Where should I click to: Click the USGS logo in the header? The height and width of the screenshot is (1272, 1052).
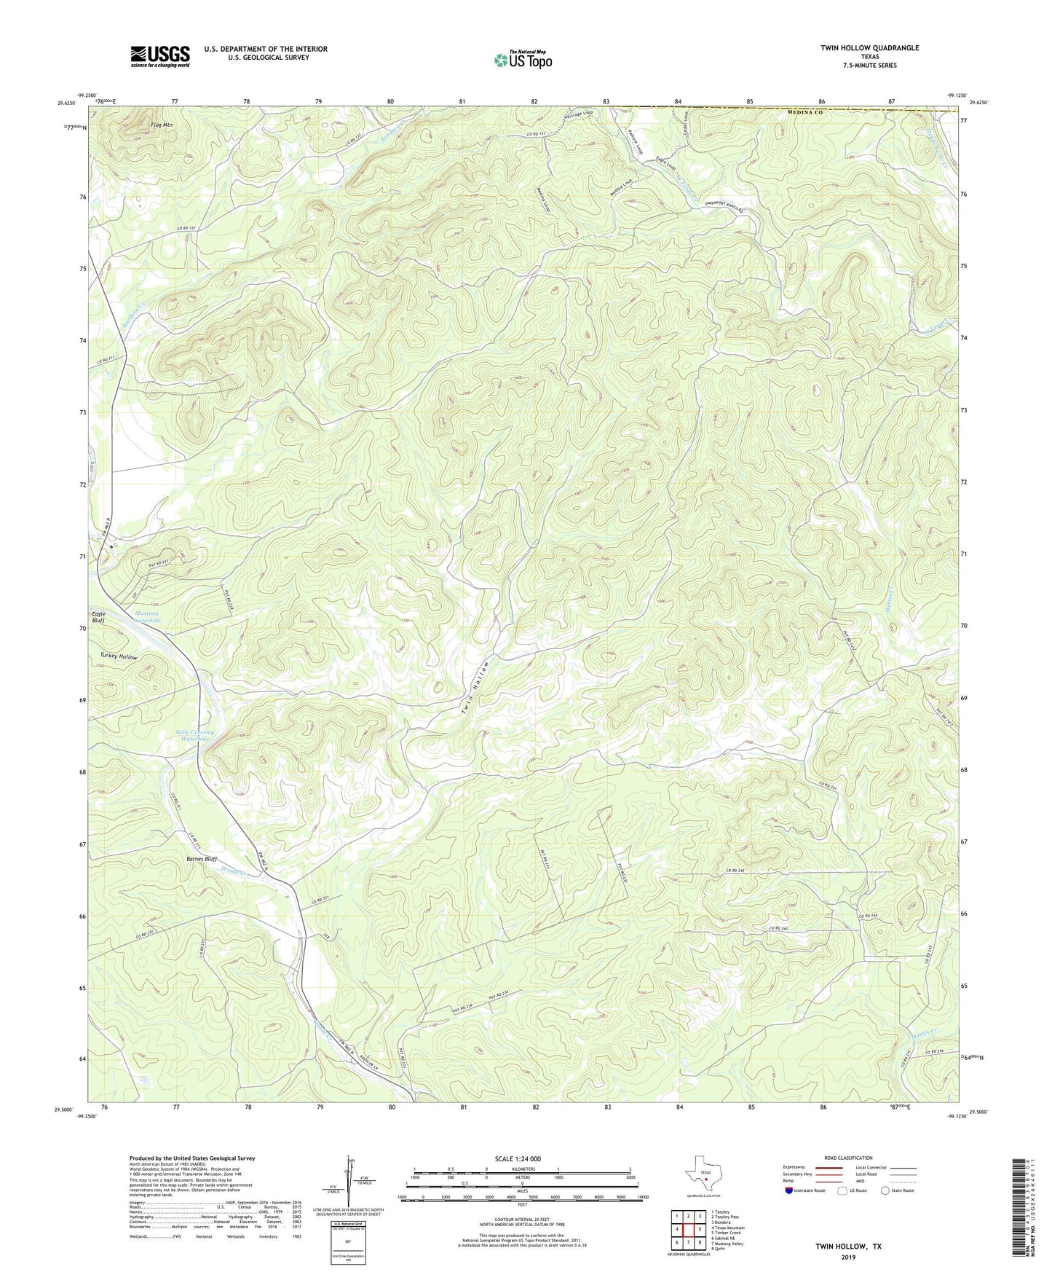(x=159, y=56)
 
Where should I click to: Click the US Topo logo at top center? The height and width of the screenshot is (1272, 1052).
(x=522, y=60)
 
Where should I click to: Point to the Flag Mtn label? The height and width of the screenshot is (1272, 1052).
(x=162, y=125)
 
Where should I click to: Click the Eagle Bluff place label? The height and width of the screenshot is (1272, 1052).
(x=98, y=618)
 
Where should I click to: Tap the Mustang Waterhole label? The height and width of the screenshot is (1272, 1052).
(x=147, y=617)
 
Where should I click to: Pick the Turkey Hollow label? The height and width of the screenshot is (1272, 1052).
(x=119, y=657)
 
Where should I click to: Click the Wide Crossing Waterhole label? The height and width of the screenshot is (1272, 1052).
(x=195, y=735)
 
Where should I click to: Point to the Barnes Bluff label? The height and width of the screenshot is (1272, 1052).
(x=202, y=859)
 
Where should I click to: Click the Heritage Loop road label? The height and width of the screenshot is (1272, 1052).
(x=579, y=114)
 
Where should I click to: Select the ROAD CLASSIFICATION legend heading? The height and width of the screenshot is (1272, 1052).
(x=848, y=1158)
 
